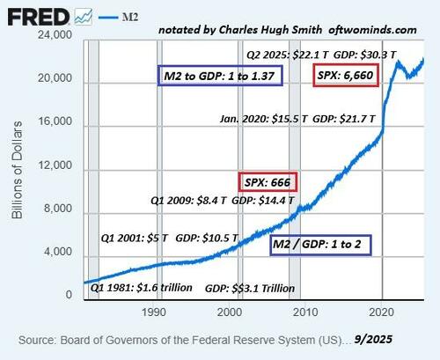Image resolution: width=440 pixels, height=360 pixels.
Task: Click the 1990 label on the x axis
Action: click(x=155, y=311)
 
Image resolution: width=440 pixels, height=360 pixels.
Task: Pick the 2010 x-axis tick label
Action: click(x=304, y=311)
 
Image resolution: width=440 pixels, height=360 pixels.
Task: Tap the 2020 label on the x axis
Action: click(x=380, y=311)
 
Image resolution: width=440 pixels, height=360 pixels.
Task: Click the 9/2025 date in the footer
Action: click(x=378, y=339)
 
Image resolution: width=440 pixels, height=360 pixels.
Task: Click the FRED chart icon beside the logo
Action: click(x=85, y=15)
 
